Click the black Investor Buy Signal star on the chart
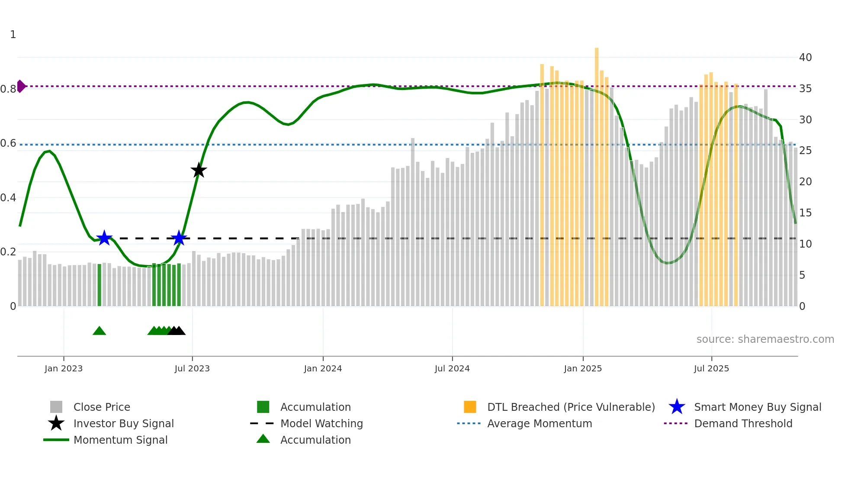(199, 171)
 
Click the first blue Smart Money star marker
(104, 238)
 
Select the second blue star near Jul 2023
(179, 238)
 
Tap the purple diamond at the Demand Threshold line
(21, 86)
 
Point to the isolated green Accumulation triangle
(99, 331)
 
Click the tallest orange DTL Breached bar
(597, 173)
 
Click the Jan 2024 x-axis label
(323, 368)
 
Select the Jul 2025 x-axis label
(711, 368)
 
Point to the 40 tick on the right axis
(805, 57)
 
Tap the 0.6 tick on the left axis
(9, 143)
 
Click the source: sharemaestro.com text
(765, 339)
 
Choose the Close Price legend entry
(102, 407)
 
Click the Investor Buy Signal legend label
(123, 423)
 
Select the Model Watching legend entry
(321, 423)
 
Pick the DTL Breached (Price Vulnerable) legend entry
(571, 407)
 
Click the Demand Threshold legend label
(743, 423)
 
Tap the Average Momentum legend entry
(540, 423)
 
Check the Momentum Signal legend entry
(120, 440)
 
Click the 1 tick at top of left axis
(13, 35)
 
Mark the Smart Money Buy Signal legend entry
(757, 407)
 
